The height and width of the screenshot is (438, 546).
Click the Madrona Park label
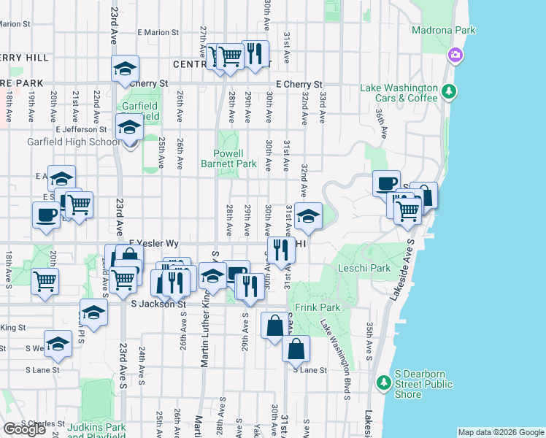coord(444,30)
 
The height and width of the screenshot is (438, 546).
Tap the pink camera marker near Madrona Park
coord(455,55)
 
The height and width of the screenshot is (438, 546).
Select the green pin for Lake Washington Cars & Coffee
coord(450,91)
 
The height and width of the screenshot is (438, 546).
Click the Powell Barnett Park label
coord(228,158)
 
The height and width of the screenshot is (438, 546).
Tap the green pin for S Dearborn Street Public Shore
coord(382,383)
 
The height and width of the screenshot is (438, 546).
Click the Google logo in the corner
coord(24,429)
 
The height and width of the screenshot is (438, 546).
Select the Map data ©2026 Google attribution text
coord(500,432)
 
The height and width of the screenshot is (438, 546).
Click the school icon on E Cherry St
coord(125,69)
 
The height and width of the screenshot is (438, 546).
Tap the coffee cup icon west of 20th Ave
coord(47,215)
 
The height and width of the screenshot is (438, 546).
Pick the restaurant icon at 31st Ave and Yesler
coord(281,250)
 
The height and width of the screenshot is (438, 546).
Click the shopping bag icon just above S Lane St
coord(296,348)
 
